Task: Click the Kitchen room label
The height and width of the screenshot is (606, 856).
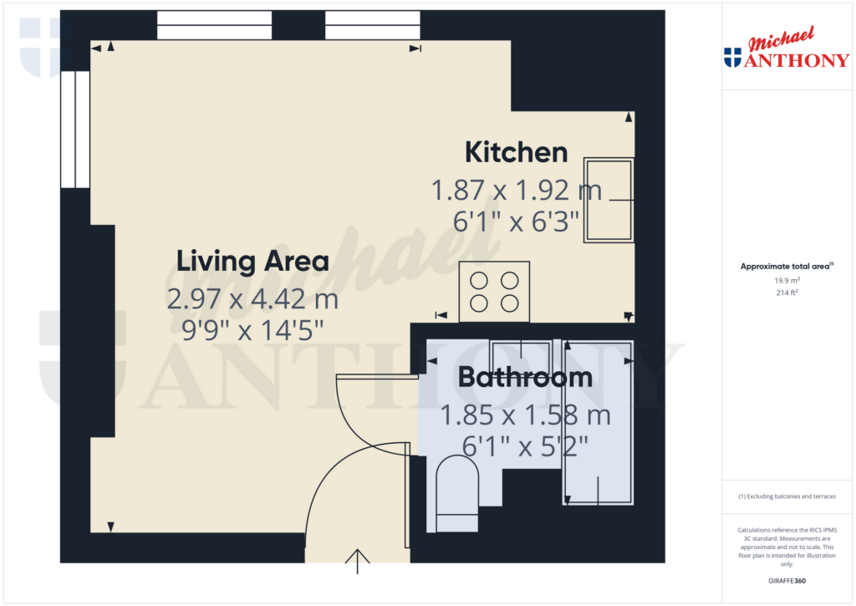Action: pos(516,153)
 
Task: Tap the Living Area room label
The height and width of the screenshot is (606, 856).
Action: pos(252,261)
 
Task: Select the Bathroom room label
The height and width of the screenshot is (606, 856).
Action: pos(525,377)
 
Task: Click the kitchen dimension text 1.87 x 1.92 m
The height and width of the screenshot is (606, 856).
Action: pos(516,191)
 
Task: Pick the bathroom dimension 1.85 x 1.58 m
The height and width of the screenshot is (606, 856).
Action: pos(525,414)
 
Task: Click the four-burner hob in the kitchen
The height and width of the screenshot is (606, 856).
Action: pos(493,292)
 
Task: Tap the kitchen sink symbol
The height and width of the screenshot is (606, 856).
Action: pos(609,199)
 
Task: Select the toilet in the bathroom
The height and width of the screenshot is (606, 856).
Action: pos(456,493)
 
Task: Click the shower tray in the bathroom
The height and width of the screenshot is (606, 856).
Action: pos(597,422)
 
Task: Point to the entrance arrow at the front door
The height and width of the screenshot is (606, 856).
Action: pos(358,561)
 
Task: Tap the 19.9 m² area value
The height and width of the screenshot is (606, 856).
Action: pos(786,282)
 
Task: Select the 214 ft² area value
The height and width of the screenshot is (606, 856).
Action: pos(786,293)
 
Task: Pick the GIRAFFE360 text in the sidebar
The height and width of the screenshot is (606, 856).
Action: pos(786,580)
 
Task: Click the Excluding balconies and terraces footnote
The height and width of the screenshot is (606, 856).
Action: pos(786,497)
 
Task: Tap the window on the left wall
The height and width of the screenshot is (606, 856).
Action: pos(75,129)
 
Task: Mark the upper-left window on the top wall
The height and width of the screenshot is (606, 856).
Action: pos(214,24)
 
